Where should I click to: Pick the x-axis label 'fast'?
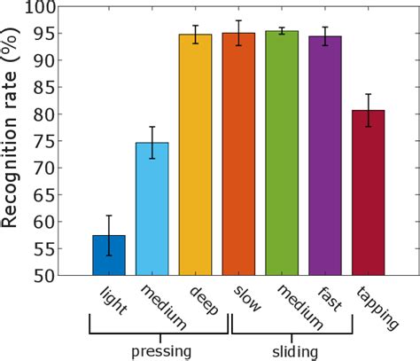(x=333, y=302)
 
